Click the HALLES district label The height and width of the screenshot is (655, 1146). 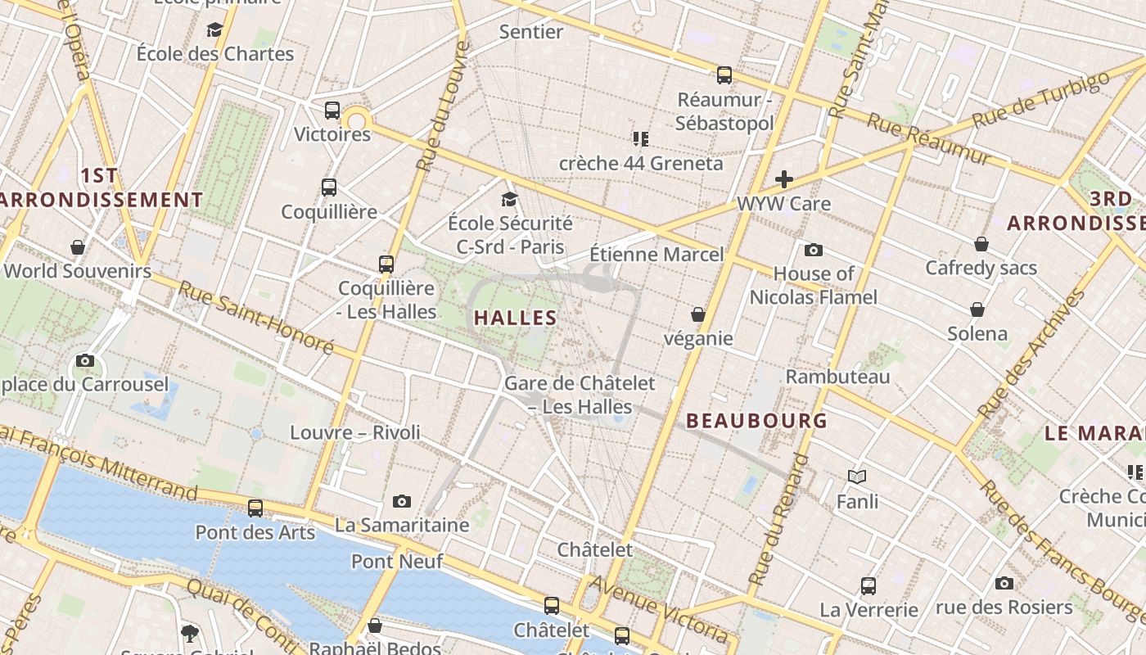(x=516, y=318)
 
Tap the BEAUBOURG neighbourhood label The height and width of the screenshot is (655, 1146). (x=756, y=421)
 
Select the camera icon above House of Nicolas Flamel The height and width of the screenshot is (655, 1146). (x=813, y=250)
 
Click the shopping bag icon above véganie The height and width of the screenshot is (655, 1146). (x=698, y=314)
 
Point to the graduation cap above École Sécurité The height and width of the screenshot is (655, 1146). (x=510, y=199)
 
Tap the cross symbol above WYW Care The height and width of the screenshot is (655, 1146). (x=784, y=179)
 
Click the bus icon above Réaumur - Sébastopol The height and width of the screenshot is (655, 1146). (x=724, y=75)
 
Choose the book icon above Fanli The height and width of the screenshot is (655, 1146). (x=857, y=477)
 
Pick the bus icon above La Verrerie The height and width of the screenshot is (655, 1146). (x=869, y=586)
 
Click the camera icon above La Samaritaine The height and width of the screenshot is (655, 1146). (x=401, y=501)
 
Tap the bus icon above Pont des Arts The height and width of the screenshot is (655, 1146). (x=255, y=508)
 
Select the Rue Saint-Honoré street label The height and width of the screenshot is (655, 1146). (x=255, y=318)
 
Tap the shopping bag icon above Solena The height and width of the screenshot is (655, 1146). (x=977, y=309)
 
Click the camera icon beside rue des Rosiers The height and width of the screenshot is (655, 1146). (x=1004, y=583)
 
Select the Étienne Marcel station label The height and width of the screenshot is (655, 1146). (x=656, y=255)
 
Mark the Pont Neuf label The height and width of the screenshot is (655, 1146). (x=397, y=562)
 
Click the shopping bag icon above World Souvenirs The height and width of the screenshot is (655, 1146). (x=78, y=247)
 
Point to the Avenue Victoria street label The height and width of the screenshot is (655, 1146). (x=659, y=609)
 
